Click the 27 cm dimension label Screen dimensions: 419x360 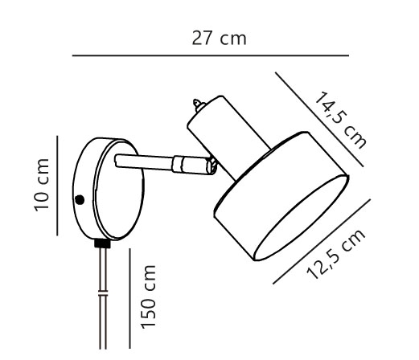coord(219,39)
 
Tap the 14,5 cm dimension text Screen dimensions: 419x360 coord(341,120)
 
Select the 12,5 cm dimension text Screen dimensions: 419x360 coord(336,254)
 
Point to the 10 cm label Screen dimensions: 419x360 coord(42,185)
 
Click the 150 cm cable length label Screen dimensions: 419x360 coord(148,297)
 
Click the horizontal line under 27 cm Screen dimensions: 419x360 coord(211,55)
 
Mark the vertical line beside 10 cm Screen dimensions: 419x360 coord(57,186)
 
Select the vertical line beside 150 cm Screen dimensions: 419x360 coord(130,298)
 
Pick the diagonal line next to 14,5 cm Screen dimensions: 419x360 coord(319,120)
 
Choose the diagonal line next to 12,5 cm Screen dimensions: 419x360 coord(322,241)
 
